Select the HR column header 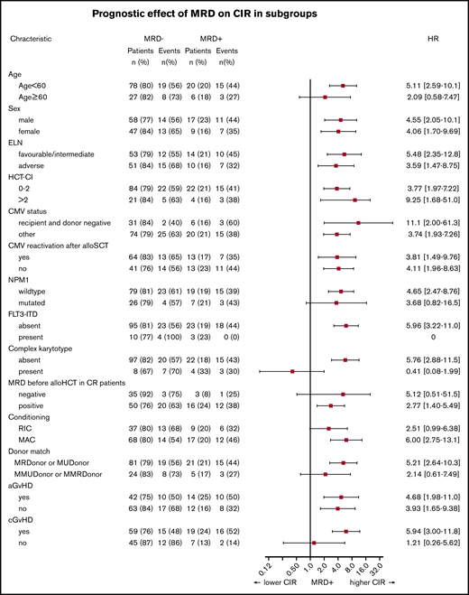432,40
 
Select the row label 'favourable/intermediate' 56,154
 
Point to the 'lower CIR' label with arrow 277,584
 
